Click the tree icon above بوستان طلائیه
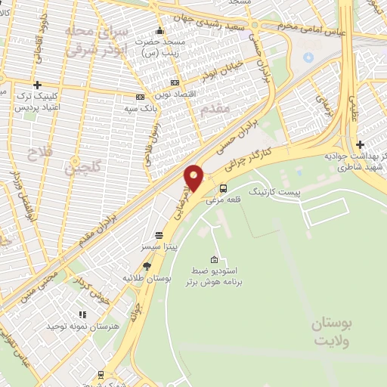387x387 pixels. pos(146,266)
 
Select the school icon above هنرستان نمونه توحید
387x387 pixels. pos(81,314)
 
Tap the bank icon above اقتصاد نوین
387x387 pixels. pos(175,82)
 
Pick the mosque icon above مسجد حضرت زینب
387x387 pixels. pos(159,32)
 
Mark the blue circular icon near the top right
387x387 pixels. pos(308,57)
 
